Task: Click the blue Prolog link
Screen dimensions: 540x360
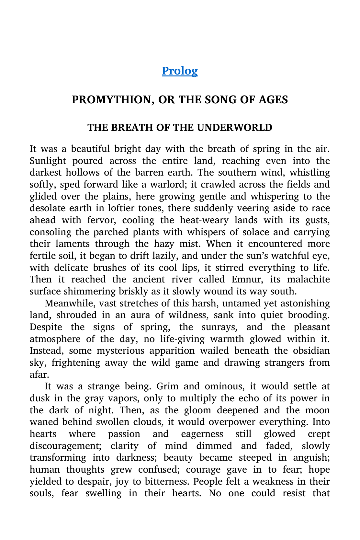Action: pos(180,71)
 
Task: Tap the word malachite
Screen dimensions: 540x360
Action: pos(307,280)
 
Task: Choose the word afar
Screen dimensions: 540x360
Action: pos(39,374)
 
